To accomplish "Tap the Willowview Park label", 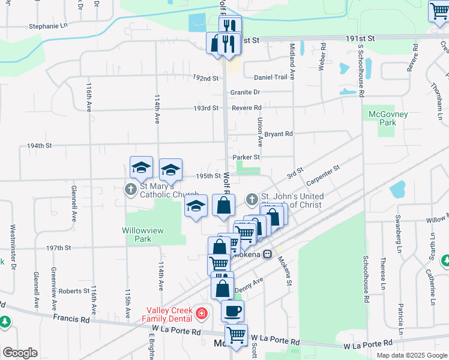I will [x=136, y=234].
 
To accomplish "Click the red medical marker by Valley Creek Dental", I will [x=201, y=313].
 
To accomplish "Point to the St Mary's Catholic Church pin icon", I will [x=131, y=190].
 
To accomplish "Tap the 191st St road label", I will [x=360, y=38].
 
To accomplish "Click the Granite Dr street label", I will [x=245, y=92].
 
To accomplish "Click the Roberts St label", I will [x=74, y=291].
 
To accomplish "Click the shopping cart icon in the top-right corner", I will [x=438, y=11].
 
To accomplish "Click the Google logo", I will [x=19, y=352].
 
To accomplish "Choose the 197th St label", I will [x=59, y=247].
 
